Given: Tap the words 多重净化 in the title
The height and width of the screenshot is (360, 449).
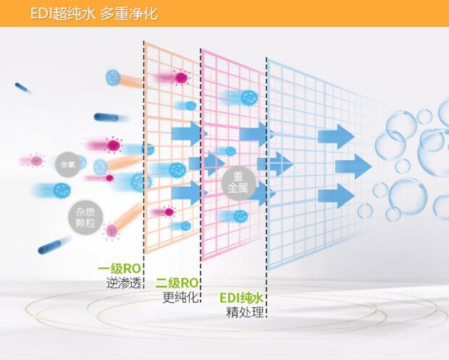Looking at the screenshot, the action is pyautogui.click(x=130, y=13).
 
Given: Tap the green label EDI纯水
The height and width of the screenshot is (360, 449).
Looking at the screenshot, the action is pyautogui.click(x=241, y=298).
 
